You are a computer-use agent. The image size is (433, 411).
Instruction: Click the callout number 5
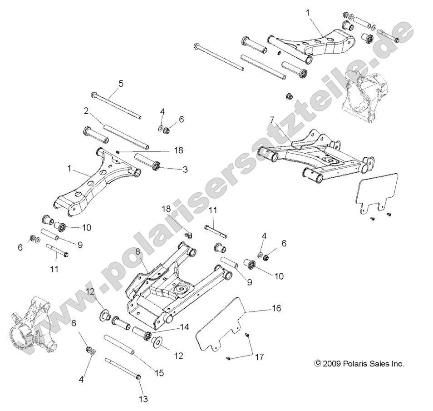(x=108, y=84)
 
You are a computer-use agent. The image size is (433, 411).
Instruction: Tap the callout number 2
(x=85, y=111)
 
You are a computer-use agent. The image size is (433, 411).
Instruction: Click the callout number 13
(x=144, y=399)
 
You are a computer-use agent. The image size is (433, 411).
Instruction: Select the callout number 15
(x=159, y=373)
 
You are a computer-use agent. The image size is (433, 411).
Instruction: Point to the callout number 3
(x=185, y=170)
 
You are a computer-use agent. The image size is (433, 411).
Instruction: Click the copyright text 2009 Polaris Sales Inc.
(x=359, y=364)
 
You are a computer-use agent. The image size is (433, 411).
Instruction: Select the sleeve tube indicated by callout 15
(x=120, y=346)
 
